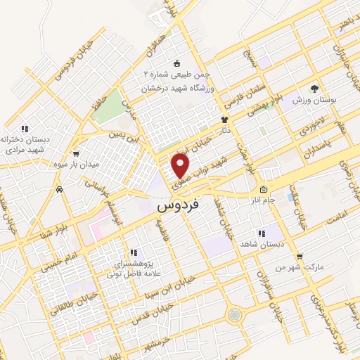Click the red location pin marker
181,167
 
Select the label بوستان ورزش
314,101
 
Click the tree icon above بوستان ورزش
314,89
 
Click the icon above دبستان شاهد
262,233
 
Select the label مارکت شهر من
300,268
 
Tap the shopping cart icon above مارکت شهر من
300,257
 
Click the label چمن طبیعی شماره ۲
173,75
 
